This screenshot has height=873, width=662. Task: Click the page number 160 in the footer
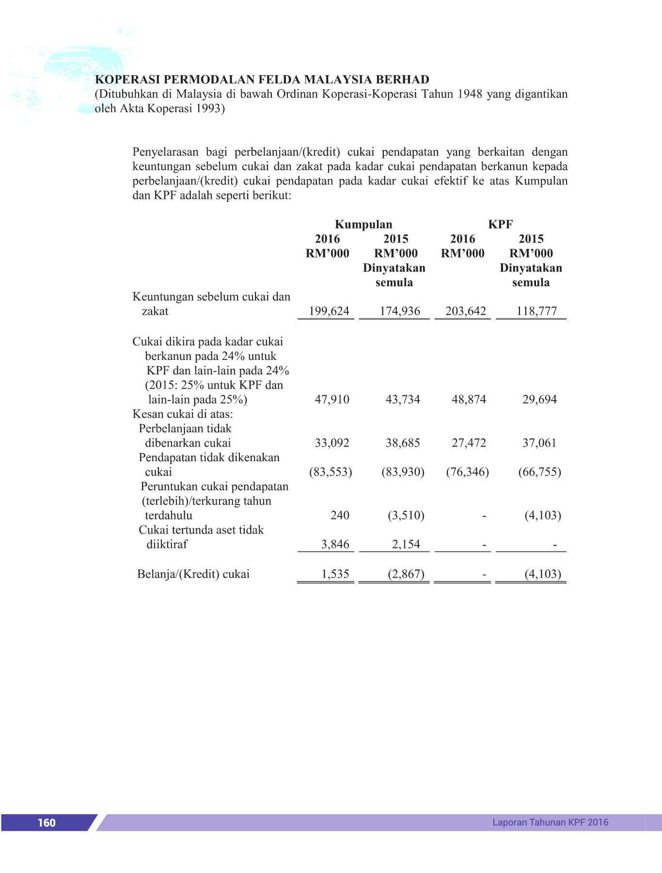(47, 823)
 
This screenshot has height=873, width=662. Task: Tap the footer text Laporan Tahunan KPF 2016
(550, 822)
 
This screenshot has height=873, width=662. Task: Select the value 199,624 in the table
(329, 311)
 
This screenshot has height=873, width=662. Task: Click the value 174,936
(400, 311)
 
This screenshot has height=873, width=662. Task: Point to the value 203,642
(466, 311)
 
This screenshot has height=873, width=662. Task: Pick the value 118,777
(536, 311)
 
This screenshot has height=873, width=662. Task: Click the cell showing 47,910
(332, 400)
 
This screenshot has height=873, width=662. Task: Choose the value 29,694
(539, 400)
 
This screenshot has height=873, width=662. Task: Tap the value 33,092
(332, 443)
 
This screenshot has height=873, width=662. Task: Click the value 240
(340, 516)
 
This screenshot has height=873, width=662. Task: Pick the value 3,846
(335, 545)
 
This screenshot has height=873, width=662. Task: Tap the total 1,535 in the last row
(335, 574)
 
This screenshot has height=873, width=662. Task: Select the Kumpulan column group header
(363, 225)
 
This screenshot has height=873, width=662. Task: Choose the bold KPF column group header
(500, 225)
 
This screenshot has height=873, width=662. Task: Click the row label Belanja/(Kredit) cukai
(193, 574)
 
